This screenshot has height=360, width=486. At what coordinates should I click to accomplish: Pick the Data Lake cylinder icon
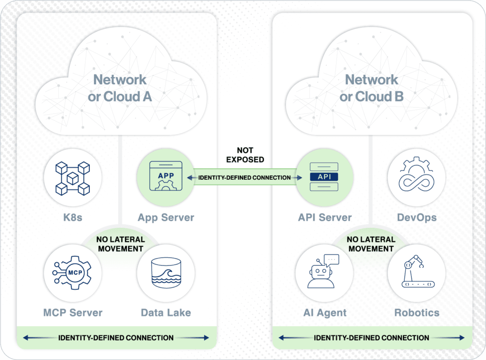tap(166, 273)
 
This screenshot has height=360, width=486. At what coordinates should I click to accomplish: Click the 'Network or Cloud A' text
tap(120, 88)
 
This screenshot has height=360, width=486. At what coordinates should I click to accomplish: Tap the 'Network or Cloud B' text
tap(371, 88)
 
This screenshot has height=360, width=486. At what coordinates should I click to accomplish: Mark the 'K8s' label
tap(72, 218)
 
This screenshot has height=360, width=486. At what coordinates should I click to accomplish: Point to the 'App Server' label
tap(166, 218)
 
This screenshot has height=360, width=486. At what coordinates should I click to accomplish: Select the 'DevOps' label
tap(416, 218)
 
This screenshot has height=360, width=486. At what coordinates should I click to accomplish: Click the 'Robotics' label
tap(416, 313)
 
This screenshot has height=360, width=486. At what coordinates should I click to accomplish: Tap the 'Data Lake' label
tap(166, 313)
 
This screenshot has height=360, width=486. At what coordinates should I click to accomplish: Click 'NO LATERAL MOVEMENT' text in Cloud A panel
tap(120, 244)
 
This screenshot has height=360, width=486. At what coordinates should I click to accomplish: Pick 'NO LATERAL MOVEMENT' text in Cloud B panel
tap(370, 244)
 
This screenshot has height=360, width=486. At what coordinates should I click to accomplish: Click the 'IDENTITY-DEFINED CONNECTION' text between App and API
tap(244, 178)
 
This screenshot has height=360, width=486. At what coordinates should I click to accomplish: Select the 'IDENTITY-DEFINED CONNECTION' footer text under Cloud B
tap(371, 338)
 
